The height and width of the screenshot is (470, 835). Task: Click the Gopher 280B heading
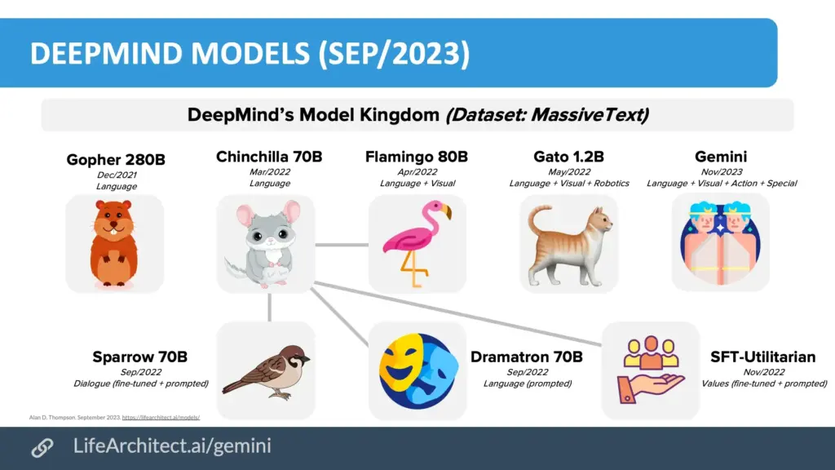pyautogui.click(x=116, y=159)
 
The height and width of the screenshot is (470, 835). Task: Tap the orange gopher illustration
pyautogui.click(x=113, y=243)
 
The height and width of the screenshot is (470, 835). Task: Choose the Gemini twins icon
pyautogui.click(x=720, y=242)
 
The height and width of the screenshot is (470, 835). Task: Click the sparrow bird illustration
pyautogui.click(x=267, y=371)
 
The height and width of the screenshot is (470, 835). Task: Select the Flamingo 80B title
pyautogui.click(x=417, y=157)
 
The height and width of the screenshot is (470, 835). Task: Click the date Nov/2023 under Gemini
pyautogui.click(x=721, y=171)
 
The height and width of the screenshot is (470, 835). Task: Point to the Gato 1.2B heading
pyautogui.click(x=568, y=157)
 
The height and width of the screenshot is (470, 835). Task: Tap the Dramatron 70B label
pyautogui.click(x=527, y=357)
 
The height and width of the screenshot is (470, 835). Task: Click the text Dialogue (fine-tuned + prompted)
pyautogui.click(x=140, y=384)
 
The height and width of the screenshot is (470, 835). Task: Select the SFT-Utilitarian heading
pyautogui.click(x=763, y=357)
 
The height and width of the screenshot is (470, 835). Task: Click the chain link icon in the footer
pyautogui.click(x=42, y=448)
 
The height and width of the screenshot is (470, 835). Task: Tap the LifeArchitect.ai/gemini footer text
pyautogui.click(x=172, y=446)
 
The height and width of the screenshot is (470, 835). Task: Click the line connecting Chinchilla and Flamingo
pyautogui.click(x=342, y=245)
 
